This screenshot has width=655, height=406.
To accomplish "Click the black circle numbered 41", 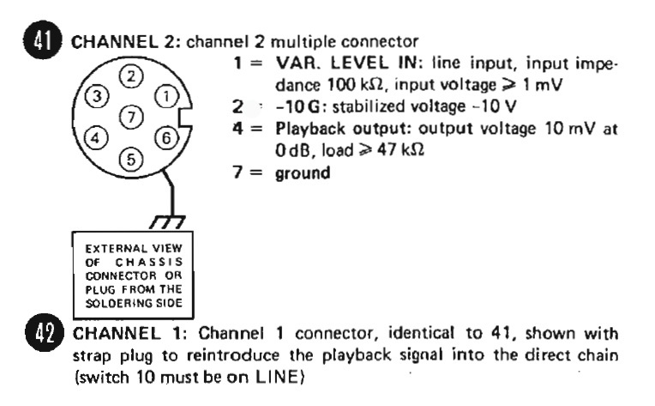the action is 43,40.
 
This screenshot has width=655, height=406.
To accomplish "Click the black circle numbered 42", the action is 45,333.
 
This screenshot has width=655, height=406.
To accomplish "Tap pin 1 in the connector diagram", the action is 166,97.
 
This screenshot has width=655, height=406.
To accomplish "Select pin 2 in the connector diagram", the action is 131,76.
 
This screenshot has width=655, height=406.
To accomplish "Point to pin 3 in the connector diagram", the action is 97,96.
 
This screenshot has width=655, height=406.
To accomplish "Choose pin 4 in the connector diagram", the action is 96,137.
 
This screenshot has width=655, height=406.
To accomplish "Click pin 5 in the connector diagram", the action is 131,160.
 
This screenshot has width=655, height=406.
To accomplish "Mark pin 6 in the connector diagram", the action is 166,138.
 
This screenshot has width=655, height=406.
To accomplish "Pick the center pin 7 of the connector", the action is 131,117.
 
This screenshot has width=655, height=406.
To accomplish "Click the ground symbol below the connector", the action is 167,222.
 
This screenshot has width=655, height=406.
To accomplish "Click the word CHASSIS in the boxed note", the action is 149,262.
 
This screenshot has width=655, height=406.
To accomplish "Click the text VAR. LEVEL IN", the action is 346,63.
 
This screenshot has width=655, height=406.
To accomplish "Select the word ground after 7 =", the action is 303,173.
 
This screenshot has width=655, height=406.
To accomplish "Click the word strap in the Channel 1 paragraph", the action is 92,356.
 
